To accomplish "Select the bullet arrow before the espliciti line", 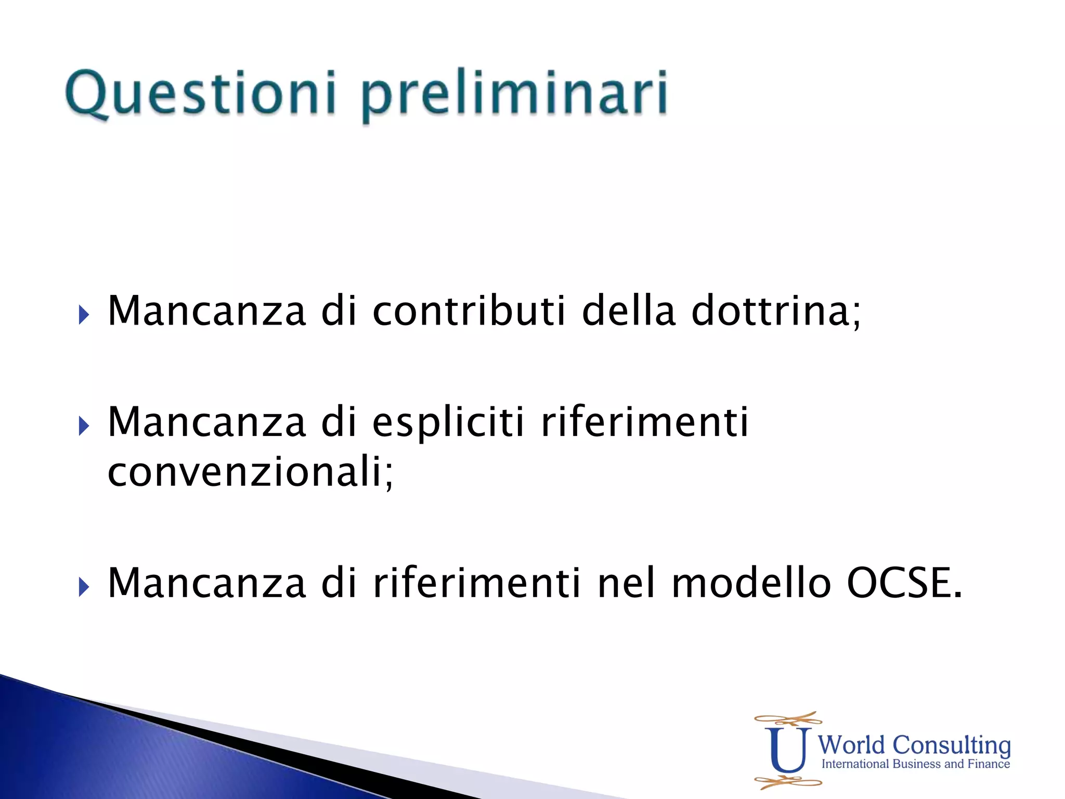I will [84, 426].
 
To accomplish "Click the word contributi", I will [469, 312].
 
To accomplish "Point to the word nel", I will [626, 584].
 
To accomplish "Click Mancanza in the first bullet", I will [206, 312].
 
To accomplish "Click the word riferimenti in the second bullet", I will [644, 422].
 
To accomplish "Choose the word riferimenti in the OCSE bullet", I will [476, 584].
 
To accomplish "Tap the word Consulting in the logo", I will [951, 745].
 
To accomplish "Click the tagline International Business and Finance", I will [915, 764].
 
